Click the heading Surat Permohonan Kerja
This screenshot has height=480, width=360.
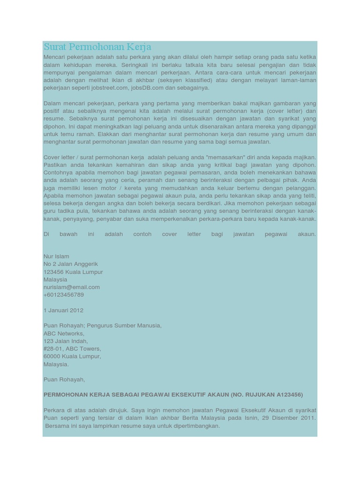(97, 47)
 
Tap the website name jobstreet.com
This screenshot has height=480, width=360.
(110, 88)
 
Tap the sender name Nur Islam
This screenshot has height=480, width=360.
(56, 256)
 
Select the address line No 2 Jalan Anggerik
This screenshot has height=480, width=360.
(70, 264)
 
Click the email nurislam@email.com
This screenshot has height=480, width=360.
(71, 287)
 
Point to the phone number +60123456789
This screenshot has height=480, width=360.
(63, 295)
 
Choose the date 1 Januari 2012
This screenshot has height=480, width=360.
(63, 310)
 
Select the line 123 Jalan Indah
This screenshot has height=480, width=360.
(65, 341)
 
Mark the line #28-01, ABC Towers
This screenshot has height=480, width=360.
(72, 349)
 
